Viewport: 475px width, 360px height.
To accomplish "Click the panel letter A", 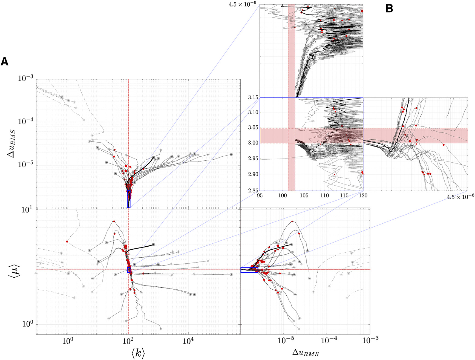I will [4, 62].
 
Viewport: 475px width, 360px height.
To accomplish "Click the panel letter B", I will [389, 9].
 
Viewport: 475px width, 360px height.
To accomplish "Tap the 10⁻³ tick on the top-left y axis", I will [25, 79].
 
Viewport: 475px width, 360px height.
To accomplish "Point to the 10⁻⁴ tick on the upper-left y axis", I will [25, 122].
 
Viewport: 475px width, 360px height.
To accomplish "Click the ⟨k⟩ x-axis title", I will [138, 353].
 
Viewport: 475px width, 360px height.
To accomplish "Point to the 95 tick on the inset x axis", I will [260, 195].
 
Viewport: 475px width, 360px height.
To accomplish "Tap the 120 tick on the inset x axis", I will [363, 195].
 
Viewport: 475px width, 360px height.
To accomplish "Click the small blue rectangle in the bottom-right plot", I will [249, 270].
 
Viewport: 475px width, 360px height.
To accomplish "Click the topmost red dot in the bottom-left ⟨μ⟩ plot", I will [114, 221].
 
